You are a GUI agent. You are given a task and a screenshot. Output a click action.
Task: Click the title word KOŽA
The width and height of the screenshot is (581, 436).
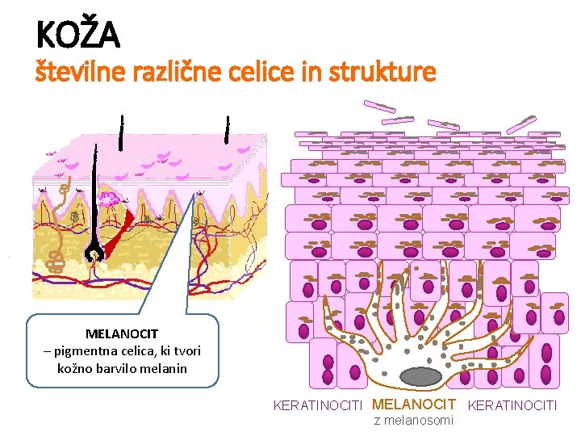(77, 34)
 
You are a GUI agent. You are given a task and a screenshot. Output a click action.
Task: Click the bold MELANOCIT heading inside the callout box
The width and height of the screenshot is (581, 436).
(122, 333)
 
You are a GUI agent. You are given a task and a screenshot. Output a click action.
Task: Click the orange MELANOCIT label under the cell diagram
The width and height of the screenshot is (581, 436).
(416, 404)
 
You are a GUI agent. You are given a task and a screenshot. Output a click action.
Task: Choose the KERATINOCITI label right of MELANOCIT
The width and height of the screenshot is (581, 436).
(512, 405)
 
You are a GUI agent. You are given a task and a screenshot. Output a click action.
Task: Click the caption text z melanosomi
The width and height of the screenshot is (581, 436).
(414, 420)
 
